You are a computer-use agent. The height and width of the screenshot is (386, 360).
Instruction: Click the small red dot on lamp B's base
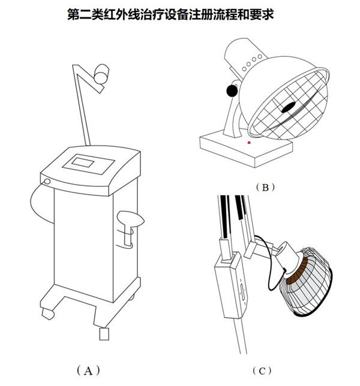click(x=249, y=143)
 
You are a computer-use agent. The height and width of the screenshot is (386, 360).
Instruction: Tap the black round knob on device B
click(x=230, y=91)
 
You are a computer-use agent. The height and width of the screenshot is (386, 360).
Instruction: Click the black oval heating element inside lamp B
click(x=289, y=108)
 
